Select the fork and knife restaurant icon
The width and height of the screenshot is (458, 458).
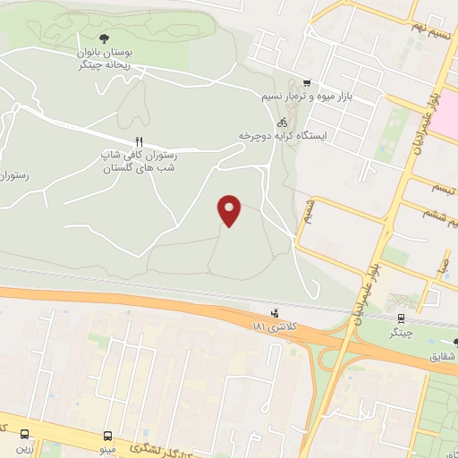(139, 140)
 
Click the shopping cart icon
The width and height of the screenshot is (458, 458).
(307, 81)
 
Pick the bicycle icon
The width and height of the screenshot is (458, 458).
(282, 121)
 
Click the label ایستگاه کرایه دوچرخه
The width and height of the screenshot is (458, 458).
(283, 135)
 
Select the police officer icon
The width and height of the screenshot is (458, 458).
(274, 313)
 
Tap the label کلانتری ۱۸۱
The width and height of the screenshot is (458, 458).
(274, 328)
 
